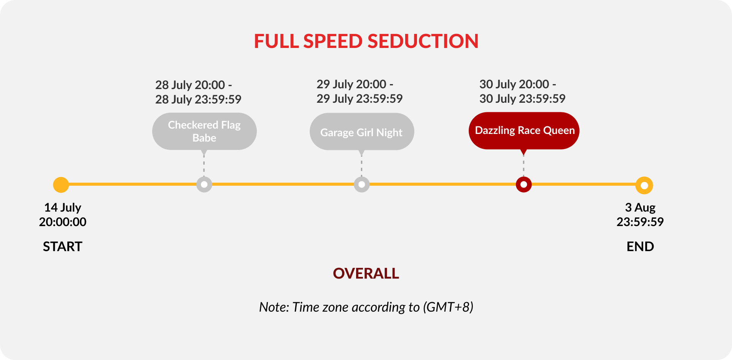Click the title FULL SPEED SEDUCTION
click(x=366, y=41)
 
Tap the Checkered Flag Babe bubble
click(x=204, y=131)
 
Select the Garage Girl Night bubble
click(x=362, y=132)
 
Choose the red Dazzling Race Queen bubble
click(x=524, y=131)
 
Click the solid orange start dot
click(x=61, y=185)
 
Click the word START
click(x=62, y=247)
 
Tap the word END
click(x=640, y=247)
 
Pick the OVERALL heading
click(x=366, y=274)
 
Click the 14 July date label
click(x=63, y=207)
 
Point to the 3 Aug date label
click(x=640, y=207)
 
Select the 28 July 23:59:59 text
click(x=198, y=99)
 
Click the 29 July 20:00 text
click(x=351, y=84)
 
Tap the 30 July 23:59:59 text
click(x=522, y=99)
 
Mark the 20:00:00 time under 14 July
click(x=63, y=222)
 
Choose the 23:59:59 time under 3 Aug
click(x=640, y=222)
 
